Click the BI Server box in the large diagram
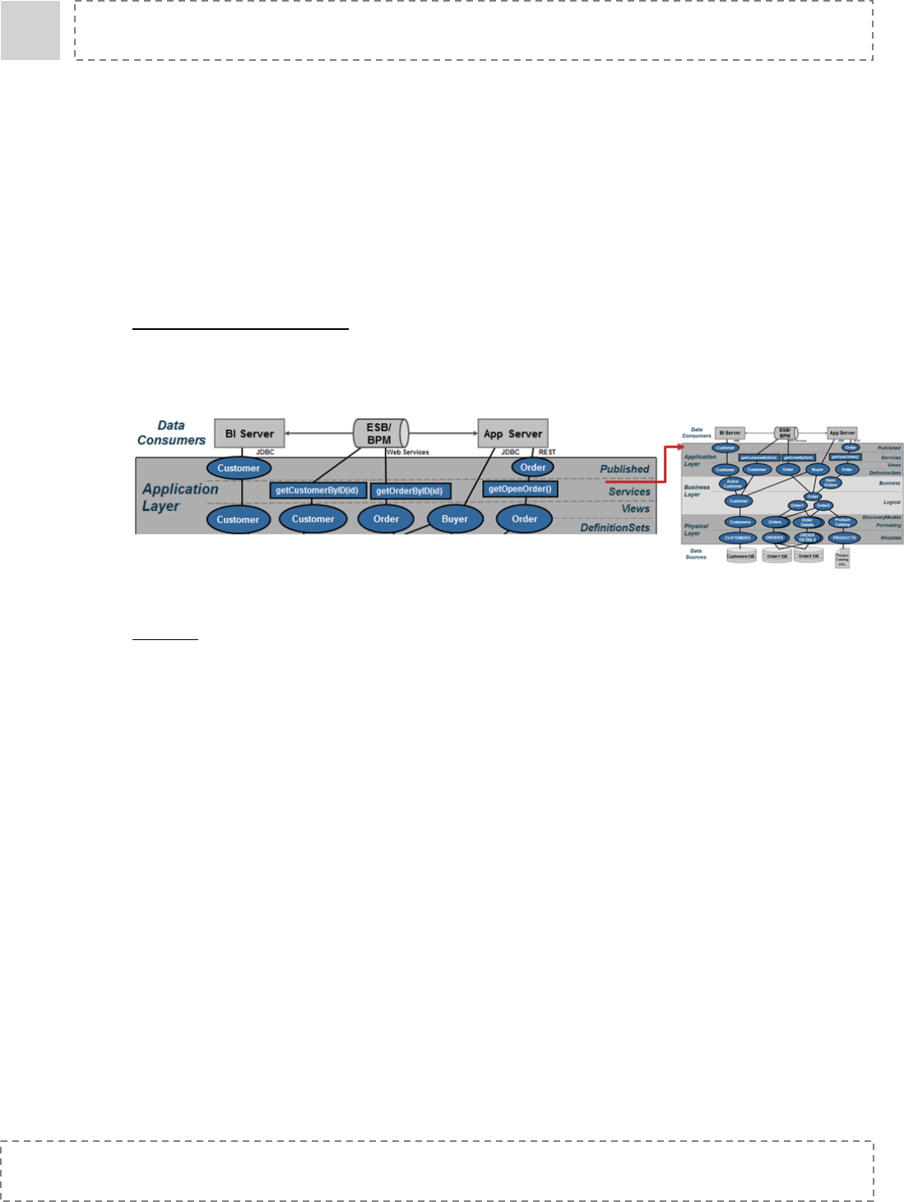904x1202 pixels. coord(249,434)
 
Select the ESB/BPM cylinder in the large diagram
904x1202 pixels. coord(380,434)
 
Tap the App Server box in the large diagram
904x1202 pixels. coord(512,434)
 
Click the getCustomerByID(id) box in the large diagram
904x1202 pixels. coord(318,490)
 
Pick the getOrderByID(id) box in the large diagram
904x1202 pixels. coord(410,491)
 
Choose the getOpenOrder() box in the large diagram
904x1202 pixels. coord(520,489)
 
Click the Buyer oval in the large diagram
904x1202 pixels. coord(455,519)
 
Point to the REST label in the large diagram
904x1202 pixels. coord(547,452)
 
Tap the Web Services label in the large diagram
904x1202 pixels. coord(408,452)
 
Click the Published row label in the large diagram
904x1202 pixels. coord(624,469)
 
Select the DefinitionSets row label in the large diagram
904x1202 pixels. coord(614,527)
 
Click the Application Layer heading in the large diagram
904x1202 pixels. coord(180,497)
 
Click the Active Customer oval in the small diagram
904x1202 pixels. coord(732,484)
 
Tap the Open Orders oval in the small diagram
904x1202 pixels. coord(830,482)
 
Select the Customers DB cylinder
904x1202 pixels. coord(740,556)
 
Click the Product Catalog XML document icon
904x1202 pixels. coord(842,559)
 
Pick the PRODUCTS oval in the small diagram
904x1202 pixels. coord(844,538)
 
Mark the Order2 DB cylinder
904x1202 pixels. coord(809,556)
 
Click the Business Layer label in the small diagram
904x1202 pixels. coord(696,490)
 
